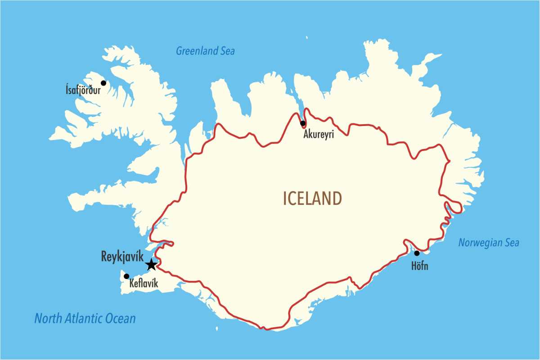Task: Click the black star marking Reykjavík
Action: [152, 265]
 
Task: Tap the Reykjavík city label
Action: [122, 258]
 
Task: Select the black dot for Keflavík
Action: [126, 276]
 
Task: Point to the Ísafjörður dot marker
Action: [103, 83]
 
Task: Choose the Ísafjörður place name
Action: [83, 90]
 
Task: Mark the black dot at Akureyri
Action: [303, 123]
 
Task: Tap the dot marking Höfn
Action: [417, 253]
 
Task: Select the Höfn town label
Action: [420, 266]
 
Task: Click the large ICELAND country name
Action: [312, 198]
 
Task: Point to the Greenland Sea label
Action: [205, 51]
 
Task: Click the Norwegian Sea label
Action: [489, 243]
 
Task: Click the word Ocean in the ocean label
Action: [120, 319]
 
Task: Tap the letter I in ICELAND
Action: [285, 198]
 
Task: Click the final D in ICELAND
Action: [336, 198]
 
